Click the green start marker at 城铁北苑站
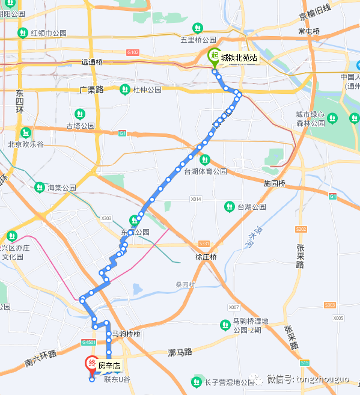214,57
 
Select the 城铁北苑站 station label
239,58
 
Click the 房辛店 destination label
109,366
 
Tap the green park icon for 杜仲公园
124,90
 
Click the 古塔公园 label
81,126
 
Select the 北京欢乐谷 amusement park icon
25,132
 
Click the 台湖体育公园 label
205,171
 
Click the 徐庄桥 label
206,256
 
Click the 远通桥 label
92,62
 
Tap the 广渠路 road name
91,90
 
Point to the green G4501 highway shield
88,343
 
